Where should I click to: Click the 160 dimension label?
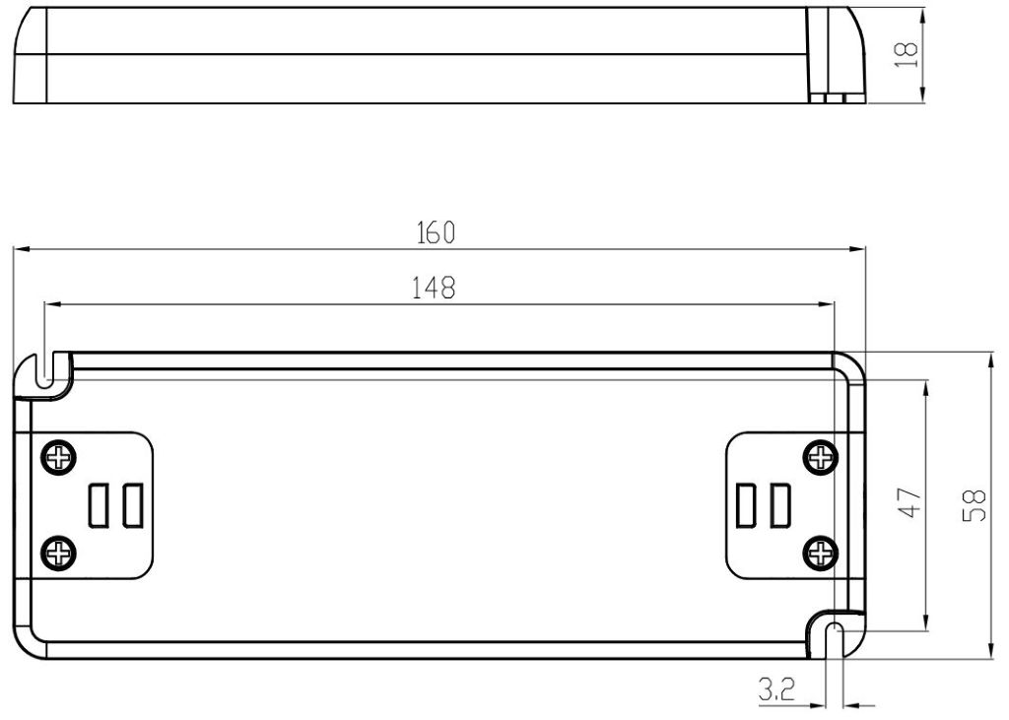436,232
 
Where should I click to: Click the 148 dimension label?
434,288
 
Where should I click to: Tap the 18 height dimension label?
907,55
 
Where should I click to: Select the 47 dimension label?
909,502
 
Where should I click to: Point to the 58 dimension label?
975,505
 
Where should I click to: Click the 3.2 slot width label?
776,690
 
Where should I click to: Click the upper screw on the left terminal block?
59,458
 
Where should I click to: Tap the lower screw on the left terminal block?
59,553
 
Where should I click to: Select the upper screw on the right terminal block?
821,458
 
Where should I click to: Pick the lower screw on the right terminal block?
821,553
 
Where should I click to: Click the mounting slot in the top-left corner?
44,370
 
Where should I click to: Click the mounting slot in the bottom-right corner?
834,640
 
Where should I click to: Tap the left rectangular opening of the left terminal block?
99,505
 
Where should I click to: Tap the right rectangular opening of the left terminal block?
133,505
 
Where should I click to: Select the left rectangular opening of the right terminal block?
747,505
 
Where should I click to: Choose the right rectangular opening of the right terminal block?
780,505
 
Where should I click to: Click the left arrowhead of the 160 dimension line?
22,249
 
